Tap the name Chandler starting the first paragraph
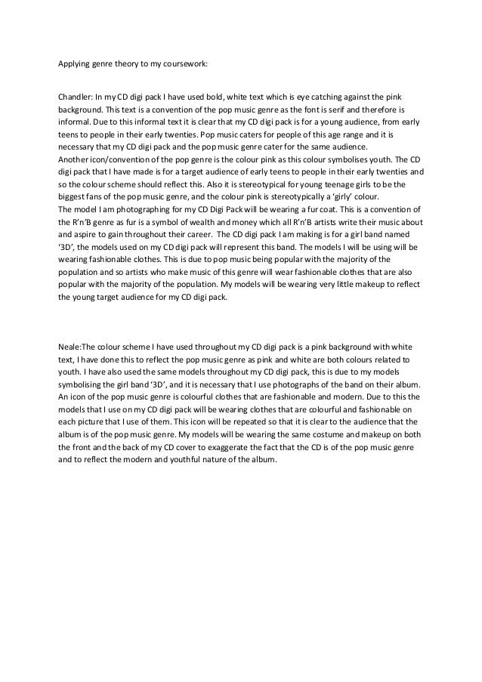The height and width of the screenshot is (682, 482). [75, 97]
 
